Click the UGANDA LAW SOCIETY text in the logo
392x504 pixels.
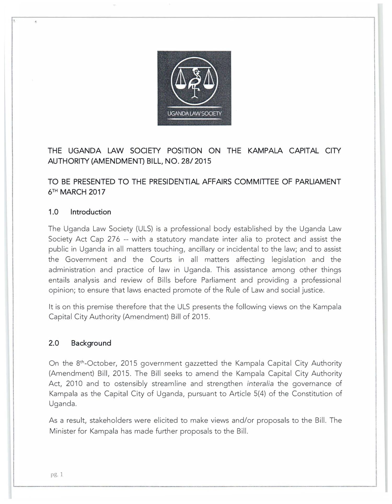[x=194, y=114]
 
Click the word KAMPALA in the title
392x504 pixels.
[x=265, y=151]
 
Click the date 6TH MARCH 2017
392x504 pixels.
[x=77, y=192]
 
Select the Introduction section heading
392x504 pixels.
[x=91, y=212]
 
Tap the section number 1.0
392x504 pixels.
[x=53, y=212]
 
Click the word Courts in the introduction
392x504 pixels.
[x=161, y=259]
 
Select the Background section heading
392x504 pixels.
[x=91, y=343]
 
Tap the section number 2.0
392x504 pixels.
[x=54, y=343]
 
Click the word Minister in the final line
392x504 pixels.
[x=62, y=431]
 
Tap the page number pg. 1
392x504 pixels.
[x=57, y=474]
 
